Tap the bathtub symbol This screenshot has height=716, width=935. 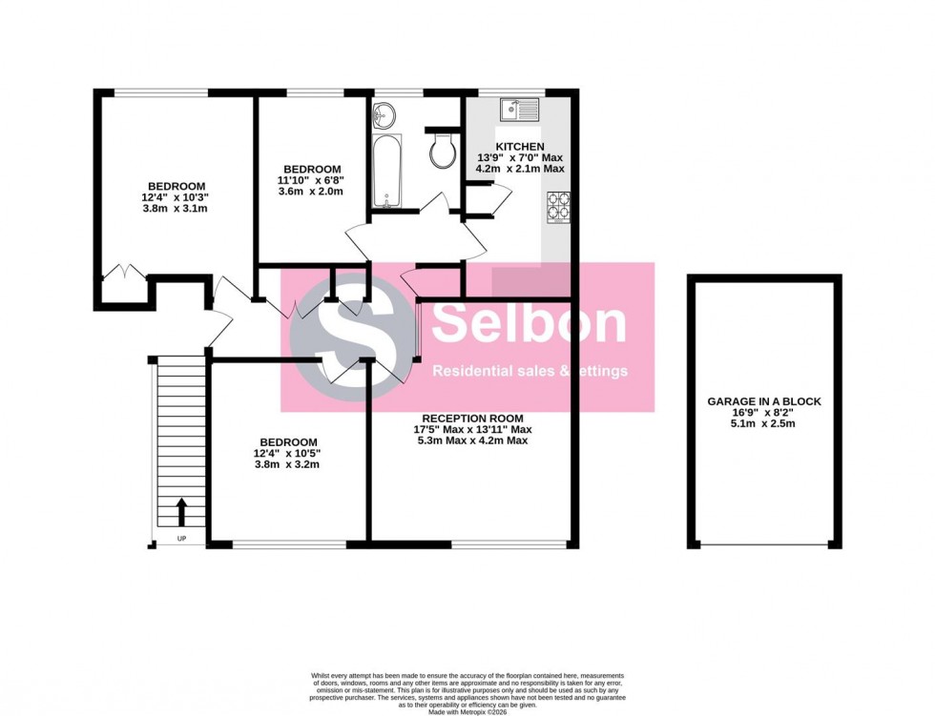(386, 171)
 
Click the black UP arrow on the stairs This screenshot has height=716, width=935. (181, 511)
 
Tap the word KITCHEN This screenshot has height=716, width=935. (520, 146)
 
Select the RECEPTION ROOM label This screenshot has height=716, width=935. (473, 419)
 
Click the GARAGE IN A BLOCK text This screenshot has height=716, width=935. (764, 401)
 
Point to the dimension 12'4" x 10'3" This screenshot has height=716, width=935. (176, 197)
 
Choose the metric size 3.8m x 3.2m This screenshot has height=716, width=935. (287, 465)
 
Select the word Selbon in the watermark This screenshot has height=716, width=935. (530, 324)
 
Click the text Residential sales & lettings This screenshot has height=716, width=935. (530, 371)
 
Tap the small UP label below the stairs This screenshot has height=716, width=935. (181, 540)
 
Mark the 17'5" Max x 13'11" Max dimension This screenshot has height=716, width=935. (473, 430)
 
